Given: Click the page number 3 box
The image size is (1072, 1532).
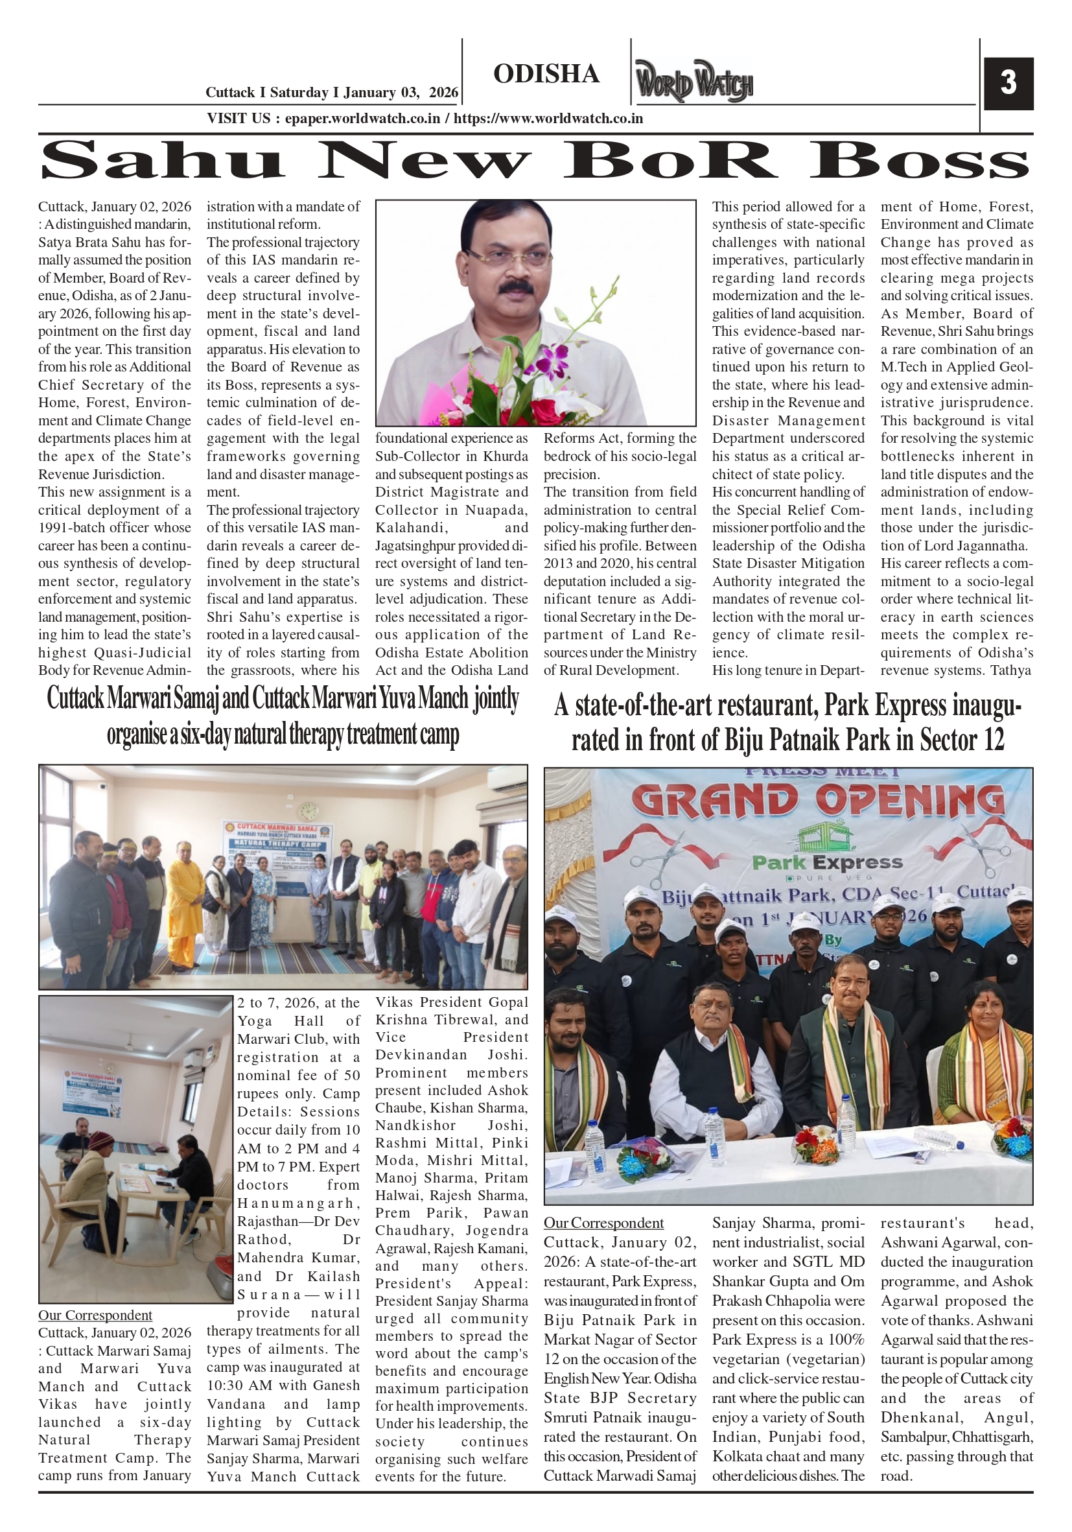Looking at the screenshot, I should click(1007, 84).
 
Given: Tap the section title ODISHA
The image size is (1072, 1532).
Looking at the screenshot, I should click(546, 74).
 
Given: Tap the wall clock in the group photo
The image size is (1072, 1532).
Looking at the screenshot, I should click(309, 811).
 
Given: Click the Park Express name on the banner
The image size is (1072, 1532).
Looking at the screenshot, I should click(827, 863).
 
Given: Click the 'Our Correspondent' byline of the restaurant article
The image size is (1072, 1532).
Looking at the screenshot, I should click(603, 1223).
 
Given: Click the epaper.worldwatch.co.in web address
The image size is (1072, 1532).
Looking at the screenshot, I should click(362, 119).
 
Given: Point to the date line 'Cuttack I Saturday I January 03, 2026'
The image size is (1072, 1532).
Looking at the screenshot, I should click(332, 93).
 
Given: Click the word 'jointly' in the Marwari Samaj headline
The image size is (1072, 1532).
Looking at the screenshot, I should click(496, 699).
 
